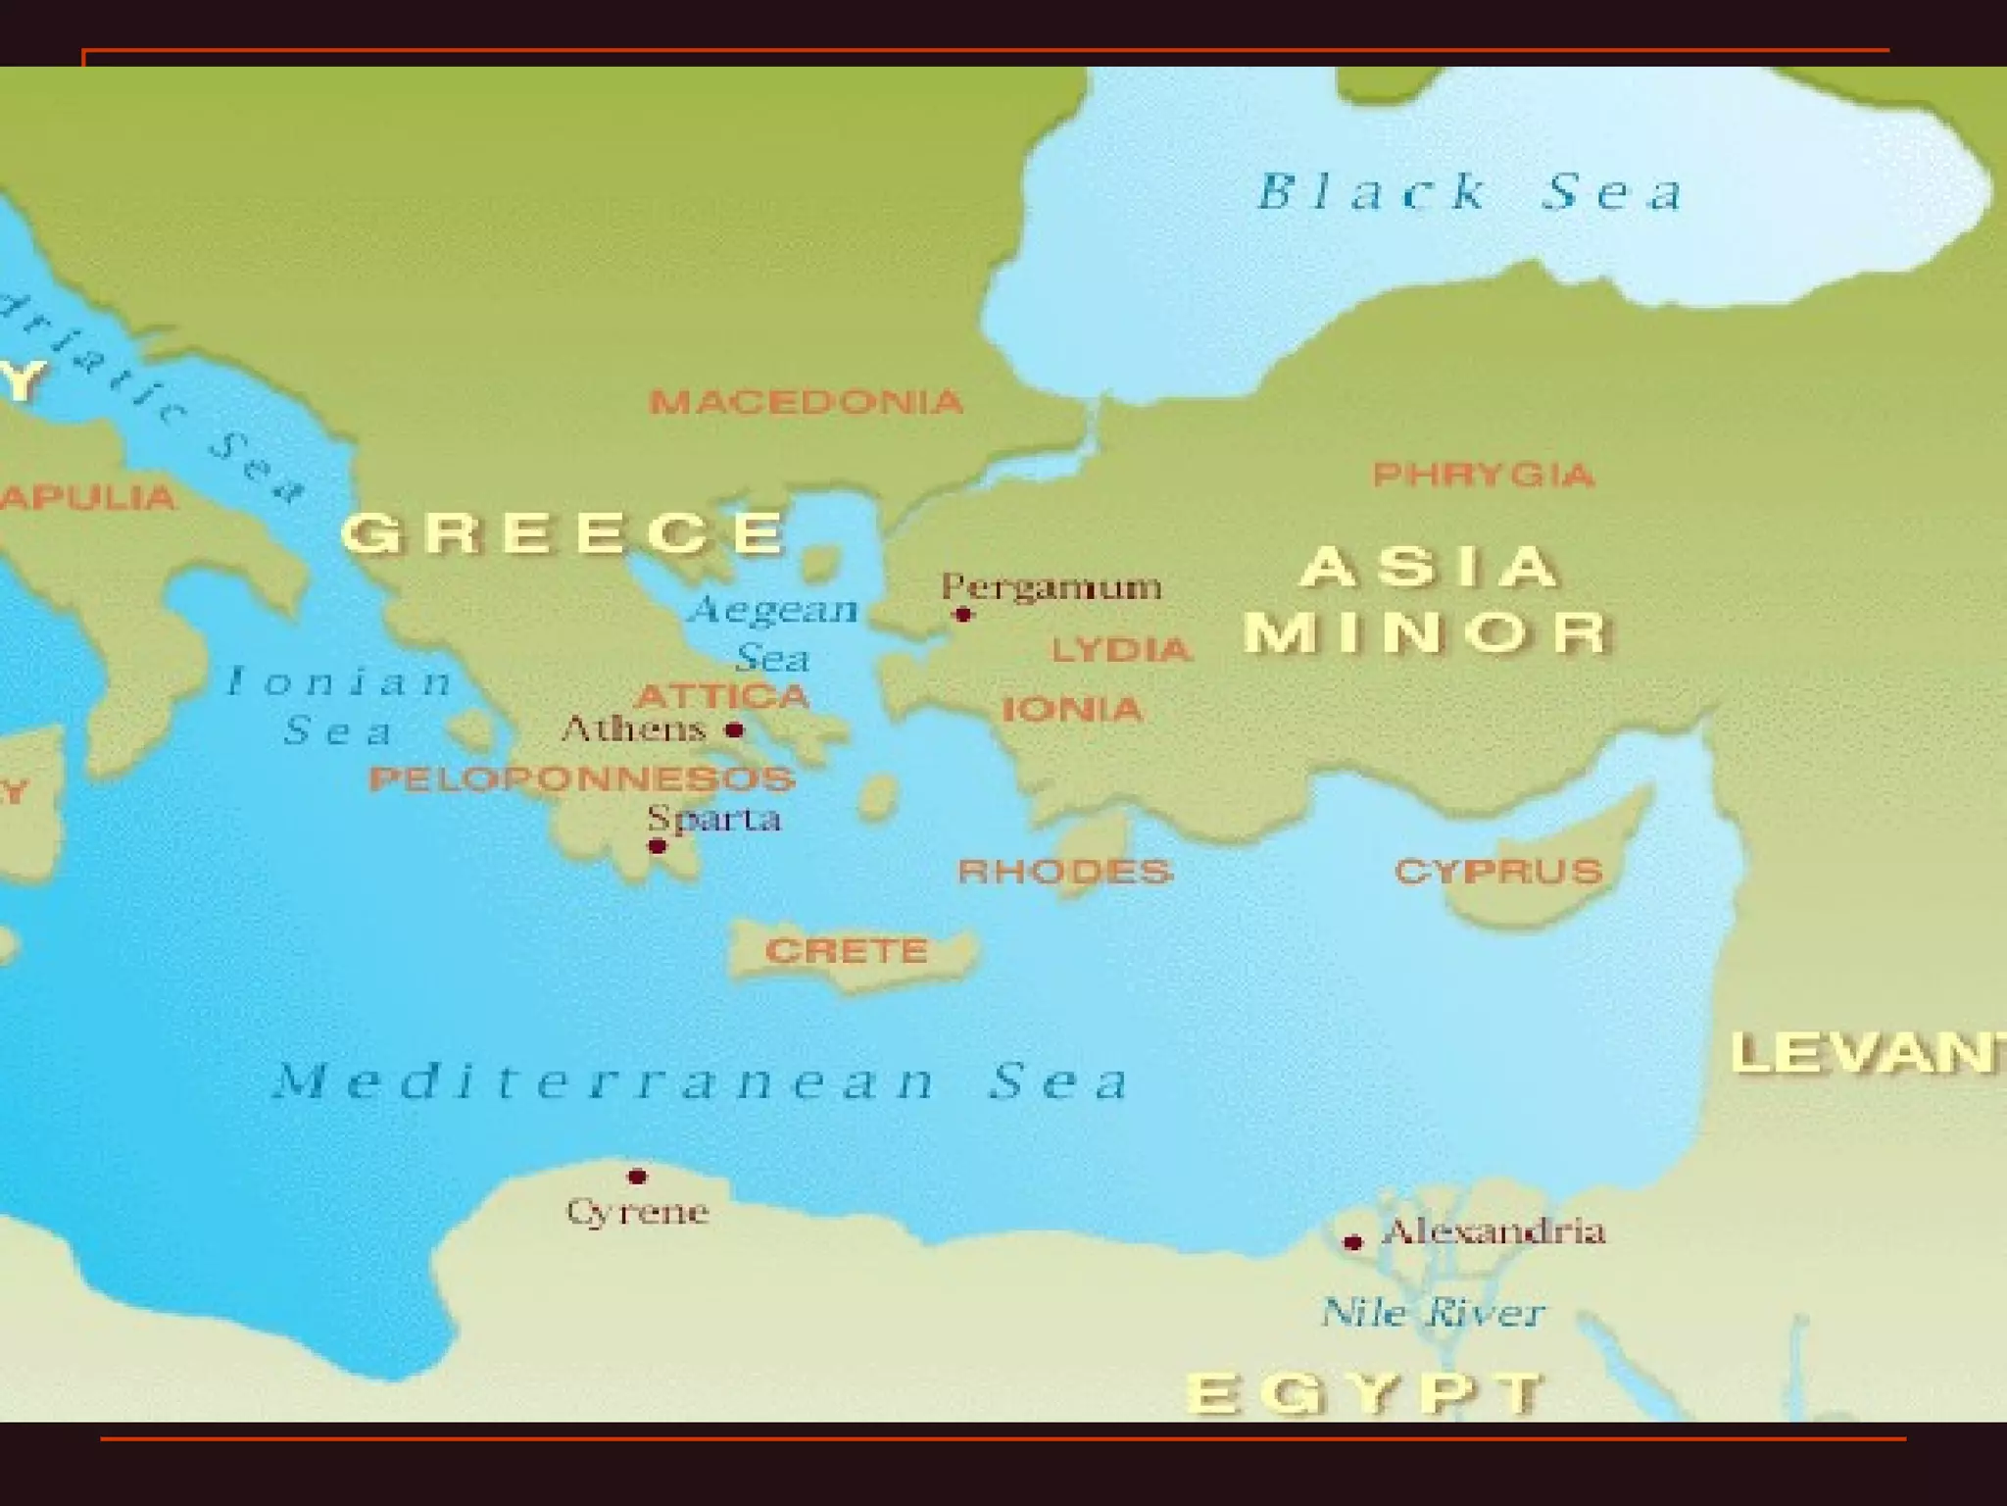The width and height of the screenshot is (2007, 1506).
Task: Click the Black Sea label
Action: (x=1470, y=192)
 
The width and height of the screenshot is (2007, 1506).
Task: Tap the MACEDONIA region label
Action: (x=806, y=402)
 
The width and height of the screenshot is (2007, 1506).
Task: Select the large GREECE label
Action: (x=563, y=533)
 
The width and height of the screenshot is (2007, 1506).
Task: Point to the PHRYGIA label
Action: (x=1483, y=476)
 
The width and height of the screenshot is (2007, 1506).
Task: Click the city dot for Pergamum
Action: (x=962, y=615)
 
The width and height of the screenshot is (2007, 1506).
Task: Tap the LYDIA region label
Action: (x=1121, y=649)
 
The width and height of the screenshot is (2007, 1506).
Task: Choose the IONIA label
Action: (x=1072, y=709)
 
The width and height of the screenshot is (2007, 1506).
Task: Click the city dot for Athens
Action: (x=734, y=729)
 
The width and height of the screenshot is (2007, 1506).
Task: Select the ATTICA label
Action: (x=723, y=697)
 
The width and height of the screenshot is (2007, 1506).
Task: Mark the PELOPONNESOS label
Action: (x=582, y=779)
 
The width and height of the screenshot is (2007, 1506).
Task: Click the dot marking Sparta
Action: (x=658, y=846)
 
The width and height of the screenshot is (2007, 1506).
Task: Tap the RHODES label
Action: (x=1064, y=871)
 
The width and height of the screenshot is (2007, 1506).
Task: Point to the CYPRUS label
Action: (x=1498, y=871)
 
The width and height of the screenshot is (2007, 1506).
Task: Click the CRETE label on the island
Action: (x=847, y=950)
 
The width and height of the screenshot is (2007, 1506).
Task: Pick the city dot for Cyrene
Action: (x=637, y=1176)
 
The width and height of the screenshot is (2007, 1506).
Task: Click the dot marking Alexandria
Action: (x=1353, y=1242)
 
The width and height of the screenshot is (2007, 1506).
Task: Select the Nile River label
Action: (x=1433, y=1312)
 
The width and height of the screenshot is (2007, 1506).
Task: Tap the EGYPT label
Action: (x=1365, y=1392)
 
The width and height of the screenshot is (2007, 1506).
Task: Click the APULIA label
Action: (x=88, y=497)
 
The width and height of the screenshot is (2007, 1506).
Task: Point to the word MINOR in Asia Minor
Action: (x=1427, y=632)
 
